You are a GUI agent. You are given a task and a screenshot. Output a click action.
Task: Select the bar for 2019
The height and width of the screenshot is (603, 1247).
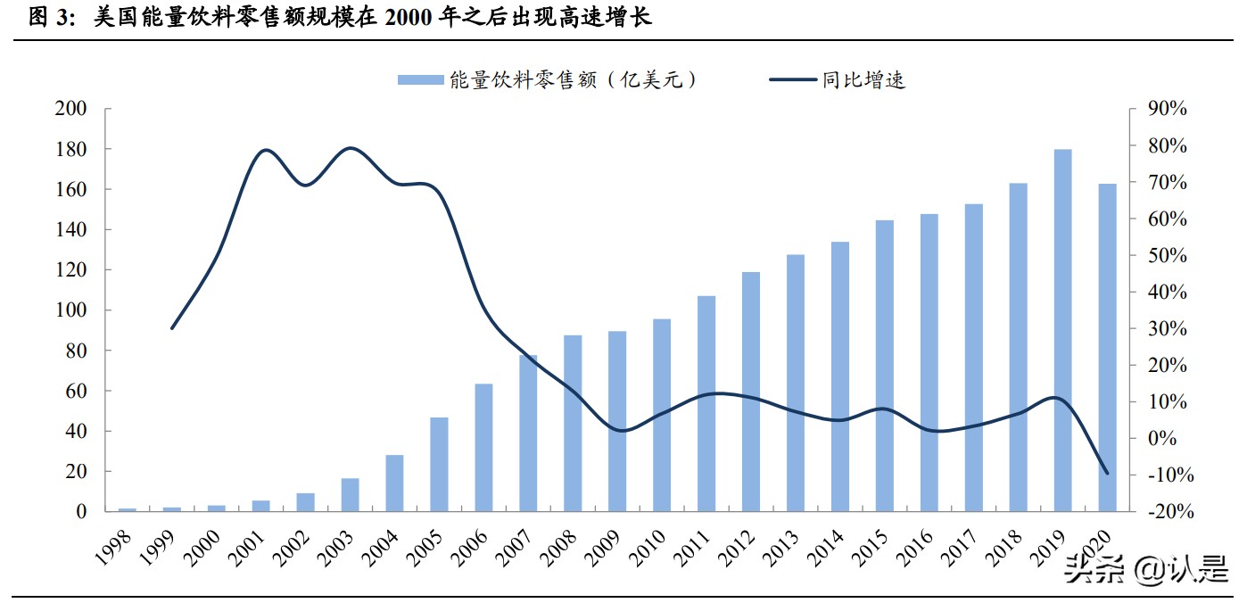[x=1062, y=330]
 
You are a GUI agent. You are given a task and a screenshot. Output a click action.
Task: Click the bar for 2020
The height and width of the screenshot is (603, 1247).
[x=1107, y=348]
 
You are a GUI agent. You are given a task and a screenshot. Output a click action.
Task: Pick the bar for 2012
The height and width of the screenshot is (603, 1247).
[x=751, y=392]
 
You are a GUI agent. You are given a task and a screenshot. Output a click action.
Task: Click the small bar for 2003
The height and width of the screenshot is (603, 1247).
[x=350, y=495]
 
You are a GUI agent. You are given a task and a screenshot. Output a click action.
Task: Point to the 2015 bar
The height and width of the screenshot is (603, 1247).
[x=885, y=366]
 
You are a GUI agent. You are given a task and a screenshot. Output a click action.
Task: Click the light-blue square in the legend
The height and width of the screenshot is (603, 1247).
[x=420, y=80]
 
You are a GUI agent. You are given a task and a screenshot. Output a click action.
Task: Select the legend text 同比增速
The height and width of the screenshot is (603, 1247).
[x=863, y=80]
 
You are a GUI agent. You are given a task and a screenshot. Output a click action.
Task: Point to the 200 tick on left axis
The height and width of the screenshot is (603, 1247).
[x=71, y=109]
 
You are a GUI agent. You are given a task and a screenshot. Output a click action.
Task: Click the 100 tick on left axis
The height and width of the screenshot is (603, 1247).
[x=71, y=310]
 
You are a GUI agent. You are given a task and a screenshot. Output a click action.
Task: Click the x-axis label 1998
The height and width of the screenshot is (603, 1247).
[x=113, y=547]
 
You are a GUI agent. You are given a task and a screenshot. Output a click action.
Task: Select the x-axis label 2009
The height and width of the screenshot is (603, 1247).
[x=604, y=547]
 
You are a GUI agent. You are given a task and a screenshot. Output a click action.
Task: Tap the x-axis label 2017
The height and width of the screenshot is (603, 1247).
[x=961, y=547]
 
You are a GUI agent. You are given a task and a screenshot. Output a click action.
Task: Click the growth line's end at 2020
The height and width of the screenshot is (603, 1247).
[x=1108, y=474]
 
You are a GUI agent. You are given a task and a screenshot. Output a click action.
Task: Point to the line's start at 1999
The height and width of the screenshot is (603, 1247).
[x=171, y=328]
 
